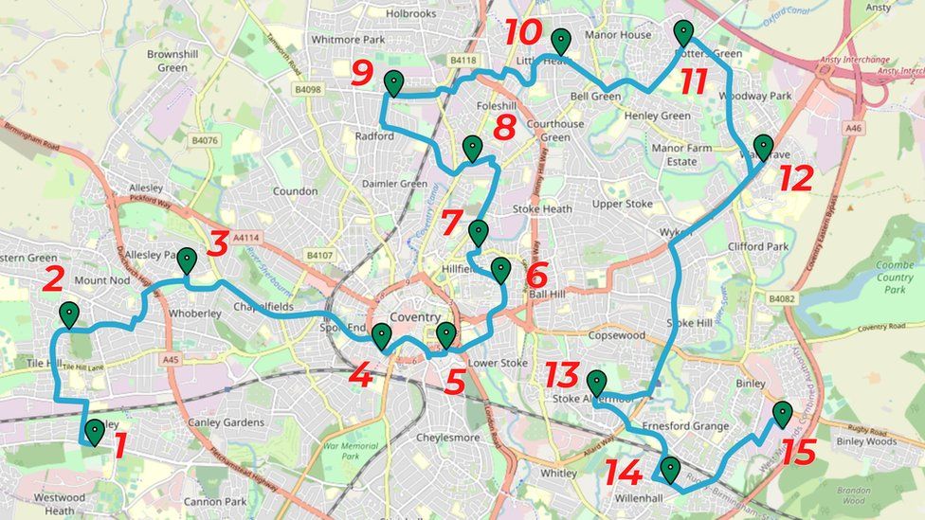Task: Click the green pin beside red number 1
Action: click(x=95, y=431)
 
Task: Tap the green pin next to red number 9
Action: click(x=393, y=82)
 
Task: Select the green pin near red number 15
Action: click(x=782, y=413)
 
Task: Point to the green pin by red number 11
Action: click(x=683, y=32)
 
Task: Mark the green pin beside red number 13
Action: click(x=596, y=382)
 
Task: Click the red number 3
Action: click(x=218, y=243)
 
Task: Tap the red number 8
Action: click(x=504, y=127)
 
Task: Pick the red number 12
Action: click(x=796, y=177)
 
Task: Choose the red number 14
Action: click(x=624, y=472)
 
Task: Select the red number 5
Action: click(x=455, y=381)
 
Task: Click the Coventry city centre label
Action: click(x=415, y=316)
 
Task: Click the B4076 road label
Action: click(x=204, y=141)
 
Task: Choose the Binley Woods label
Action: click(x=865, y=441)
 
